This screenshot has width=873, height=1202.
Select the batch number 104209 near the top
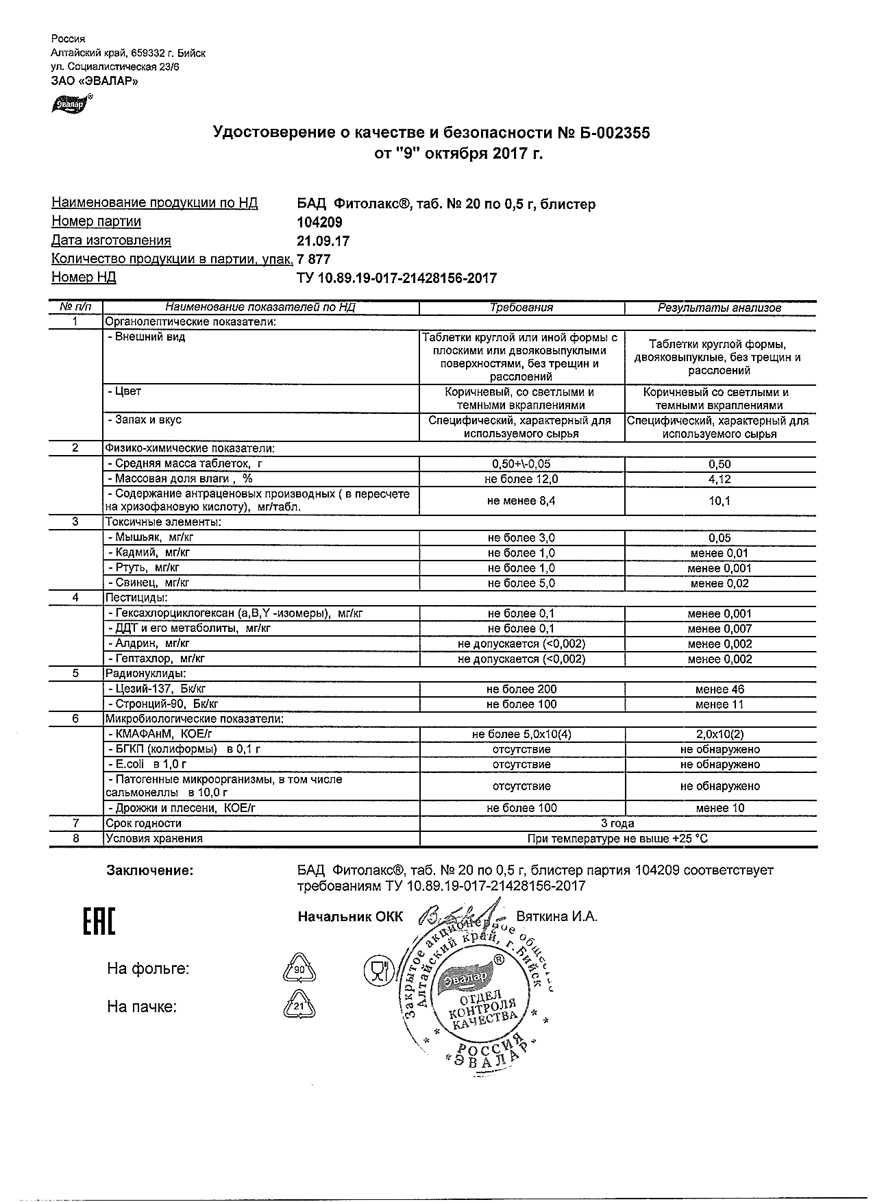(x=319, y=222)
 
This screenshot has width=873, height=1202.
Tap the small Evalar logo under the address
(x=71, y=105)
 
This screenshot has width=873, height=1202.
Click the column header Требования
(x=521, y=308)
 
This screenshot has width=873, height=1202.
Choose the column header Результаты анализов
(x=720, y=308)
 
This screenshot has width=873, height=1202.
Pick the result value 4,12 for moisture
(x=720, y=479)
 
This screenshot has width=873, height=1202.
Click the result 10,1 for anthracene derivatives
(x=720, y=501)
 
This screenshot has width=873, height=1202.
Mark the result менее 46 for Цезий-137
(x=720, y=689)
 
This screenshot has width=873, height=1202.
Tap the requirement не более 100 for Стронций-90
(x=521, y=704)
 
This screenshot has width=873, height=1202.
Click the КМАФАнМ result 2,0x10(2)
(x=720, y=735)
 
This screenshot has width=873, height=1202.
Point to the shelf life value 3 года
(x=617, y=823)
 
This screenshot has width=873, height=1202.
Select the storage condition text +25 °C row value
(x=617, y=838)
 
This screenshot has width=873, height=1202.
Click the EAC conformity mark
(x=99, y=922)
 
